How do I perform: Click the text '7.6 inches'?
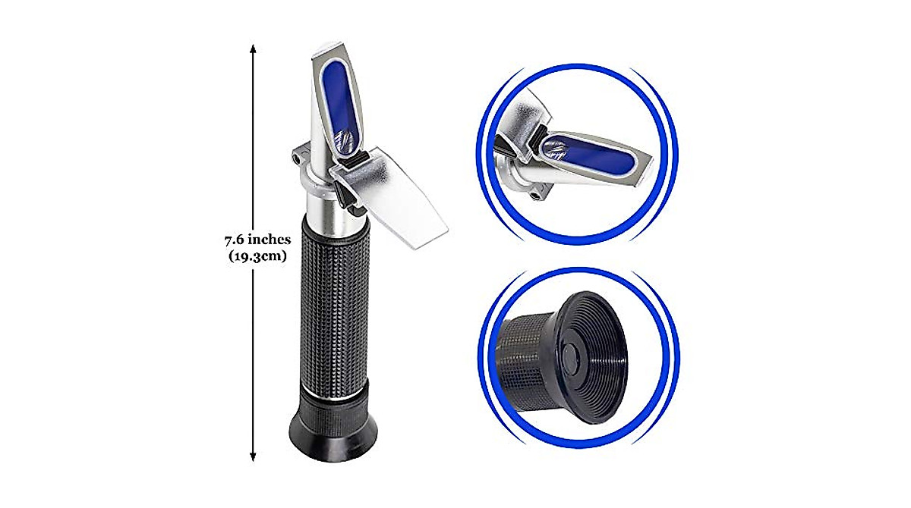coord(257,240)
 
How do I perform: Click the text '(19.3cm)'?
coord(257,256)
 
